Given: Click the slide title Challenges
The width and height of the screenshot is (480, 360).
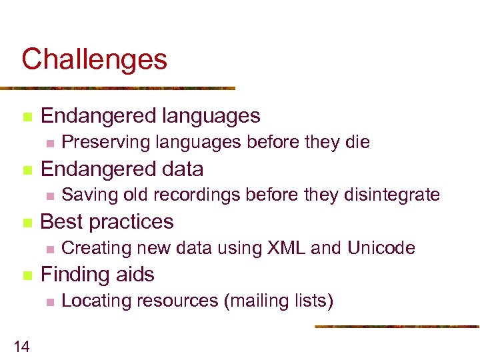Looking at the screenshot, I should [94, 60].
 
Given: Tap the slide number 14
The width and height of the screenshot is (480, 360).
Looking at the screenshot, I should [21, 345].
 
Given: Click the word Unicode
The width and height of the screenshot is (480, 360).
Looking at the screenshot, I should [381, 248].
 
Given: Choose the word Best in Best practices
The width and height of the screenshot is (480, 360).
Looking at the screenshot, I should [59, 221].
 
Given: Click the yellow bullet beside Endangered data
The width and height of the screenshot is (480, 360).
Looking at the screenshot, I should [27, 170].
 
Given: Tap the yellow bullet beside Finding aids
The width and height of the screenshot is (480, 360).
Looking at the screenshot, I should [27, 275].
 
